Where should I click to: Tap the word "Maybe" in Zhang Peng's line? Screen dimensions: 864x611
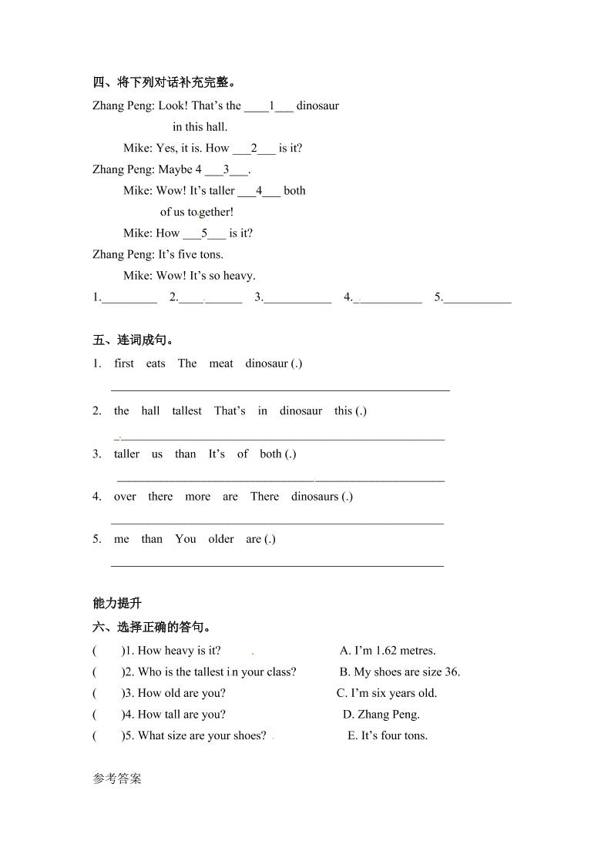pyautogui.click(x=175, y=169)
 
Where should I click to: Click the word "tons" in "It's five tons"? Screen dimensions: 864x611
pyautogui.click(x=210, y=254)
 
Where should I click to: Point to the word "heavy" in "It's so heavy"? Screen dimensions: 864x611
pyautogui.click(x=239, y=275)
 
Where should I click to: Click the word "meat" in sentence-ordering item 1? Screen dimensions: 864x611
pyautogui.click(x=221, y=363)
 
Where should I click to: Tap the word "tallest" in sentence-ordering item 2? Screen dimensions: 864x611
pyautogui.click(x=187, y=410)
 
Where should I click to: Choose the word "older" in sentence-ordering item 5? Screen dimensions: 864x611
pyautogui.click(x=221, y=539)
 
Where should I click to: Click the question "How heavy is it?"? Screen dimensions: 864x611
pyautogui.click(x=179, y=651)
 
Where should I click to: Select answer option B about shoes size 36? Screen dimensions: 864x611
pyautogui.click(x=400, y=671)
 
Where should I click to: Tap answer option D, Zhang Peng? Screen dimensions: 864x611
pyautogui.click(x=381, y=714)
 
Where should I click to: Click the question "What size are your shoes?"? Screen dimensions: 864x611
pyautogui.click(x=202, y=735)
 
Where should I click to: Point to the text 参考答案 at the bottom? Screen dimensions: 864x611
pyautogui.click(x=117, y=779)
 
